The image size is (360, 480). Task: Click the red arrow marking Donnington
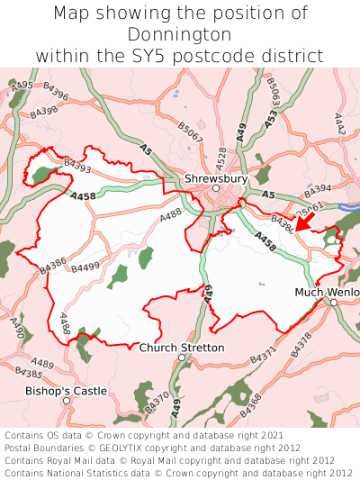tap(306, 221)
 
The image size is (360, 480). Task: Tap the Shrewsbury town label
tap(215, 179)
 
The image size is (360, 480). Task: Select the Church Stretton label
tap(182, 348)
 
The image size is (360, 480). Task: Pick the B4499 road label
tap(86, 267)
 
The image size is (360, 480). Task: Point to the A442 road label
tap(340, 124)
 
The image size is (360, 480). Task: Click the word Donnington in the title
tap(180, 34)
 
